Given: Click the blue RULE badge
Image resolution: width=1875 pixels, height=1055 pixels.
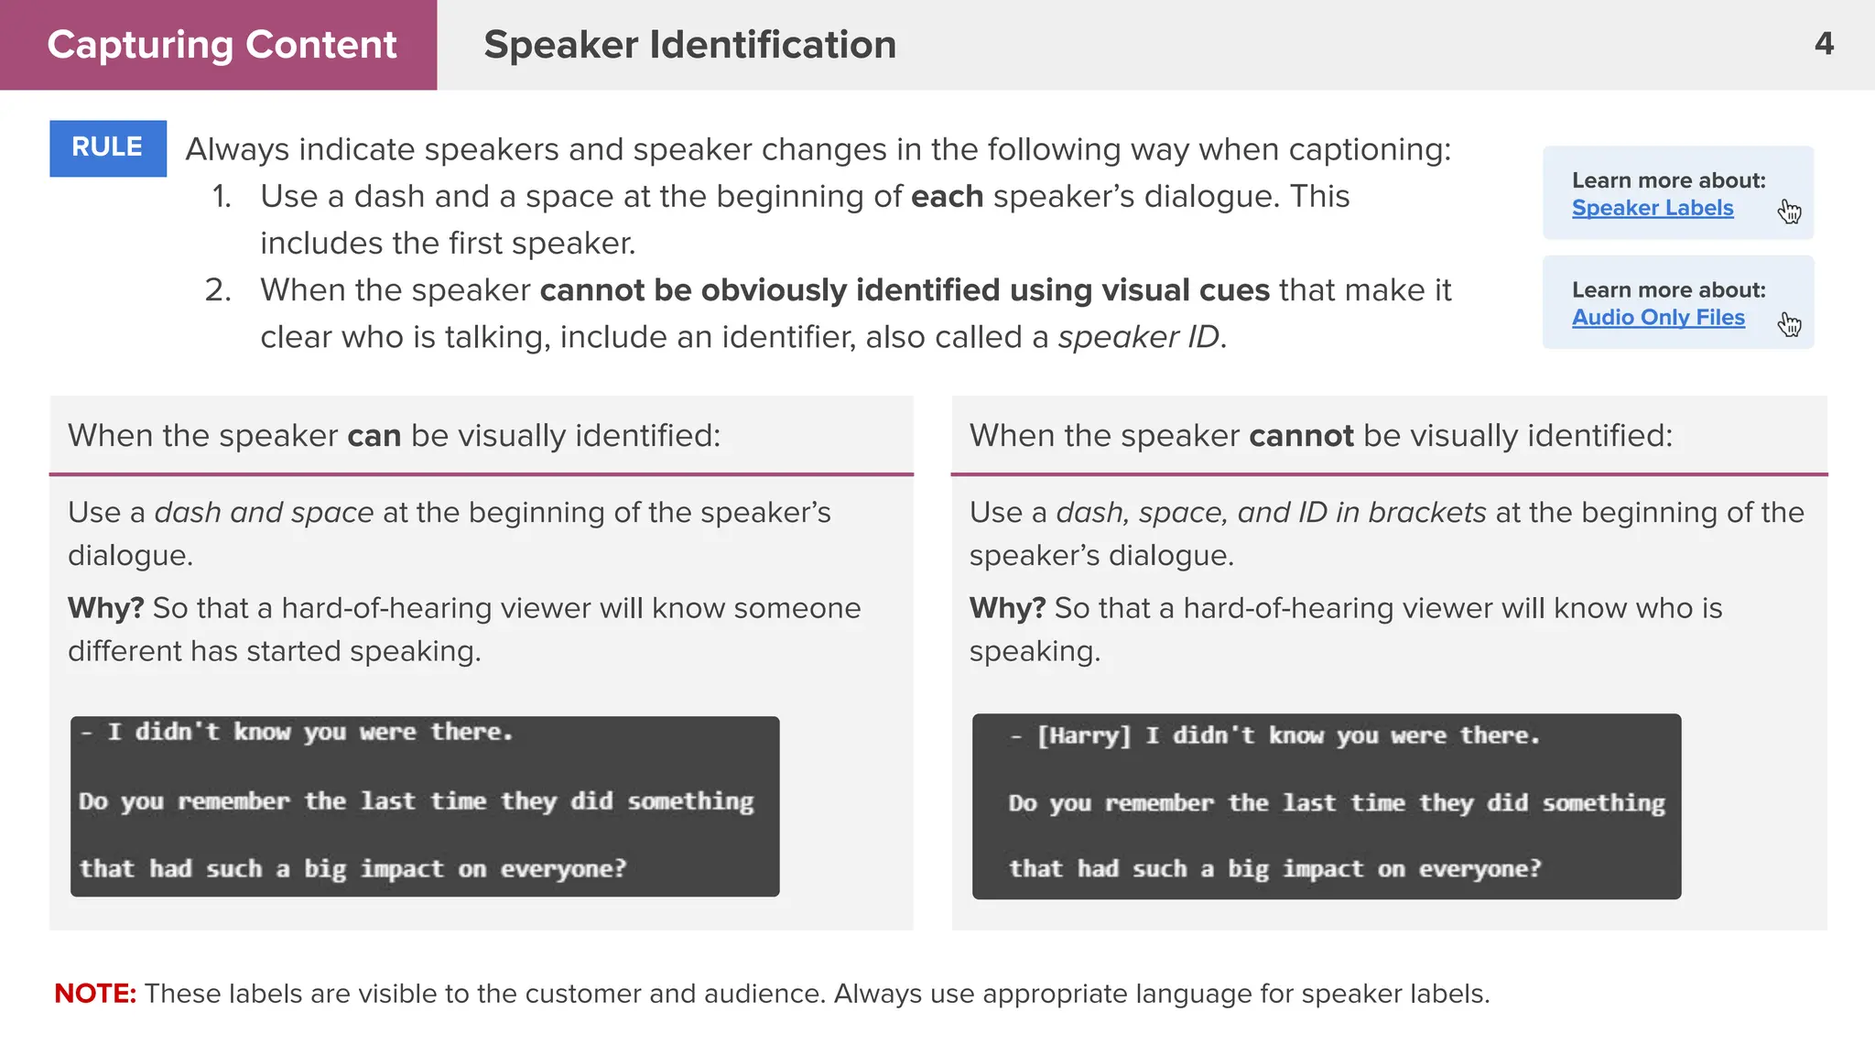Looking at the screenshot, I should [108, 147].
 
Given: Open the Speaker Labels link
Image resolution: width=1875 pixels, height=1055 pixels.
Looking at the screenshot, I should [1652, 208].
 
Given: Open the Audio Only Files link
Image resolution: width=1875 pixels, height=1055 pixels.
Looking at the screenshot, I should [1658, 317].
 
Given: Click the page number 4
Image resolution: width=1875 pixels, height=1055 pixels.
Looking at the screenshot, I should [1824, 44].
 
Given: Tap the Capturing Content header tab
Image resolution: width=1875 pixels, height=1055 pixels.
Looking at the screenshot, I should [221, 45].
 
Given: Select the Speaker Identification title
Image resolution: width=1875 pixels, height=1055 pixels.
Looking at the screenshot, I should [689, 45].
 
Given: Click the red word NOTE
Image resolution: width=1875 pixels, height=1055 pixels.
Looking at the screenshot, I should [94, 993].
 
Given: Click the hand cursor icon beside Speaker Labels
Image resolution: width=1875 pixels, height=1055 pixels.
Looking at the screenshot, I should [1789, 212].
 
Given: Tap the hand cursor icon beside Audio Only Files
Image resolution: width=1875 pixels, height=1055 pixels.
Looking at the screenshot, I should [1789, 323].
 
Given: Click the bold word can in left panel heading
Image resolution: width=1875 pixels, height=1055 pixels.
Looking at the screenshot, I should [374, 436].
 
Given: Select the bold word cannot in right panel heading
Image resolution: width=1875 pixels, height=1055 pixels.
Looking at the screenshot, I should [1301, 436].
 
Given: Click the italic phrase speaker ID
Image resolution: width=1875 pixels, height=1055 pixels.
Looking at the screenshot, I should [1139, 337].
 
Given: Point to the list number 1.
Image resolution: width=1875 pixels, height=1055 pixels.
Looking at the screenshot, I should [222, 196].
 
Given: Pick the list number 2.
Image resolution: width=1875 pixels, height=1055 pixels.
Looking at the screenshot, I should [218, 290].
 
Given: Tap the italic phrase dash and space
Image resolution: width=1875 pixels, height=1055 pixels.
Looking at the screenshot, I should [264, 512].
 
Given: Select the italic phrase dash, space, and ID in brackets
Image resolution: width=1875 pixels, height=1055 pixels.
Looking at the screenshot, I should [1271, 512].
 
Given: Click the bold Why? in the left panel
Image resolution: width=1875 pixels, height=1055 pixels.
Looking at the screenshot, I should [105, 608].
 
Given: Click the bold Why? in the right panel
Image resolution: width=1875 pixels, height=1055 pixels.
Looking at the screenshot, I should [1007, 608].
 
